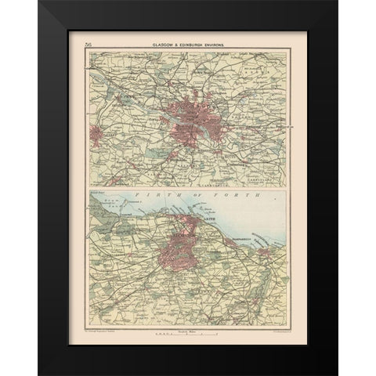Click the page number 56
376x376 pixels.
pyautogui.click(x=75, y=47)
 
